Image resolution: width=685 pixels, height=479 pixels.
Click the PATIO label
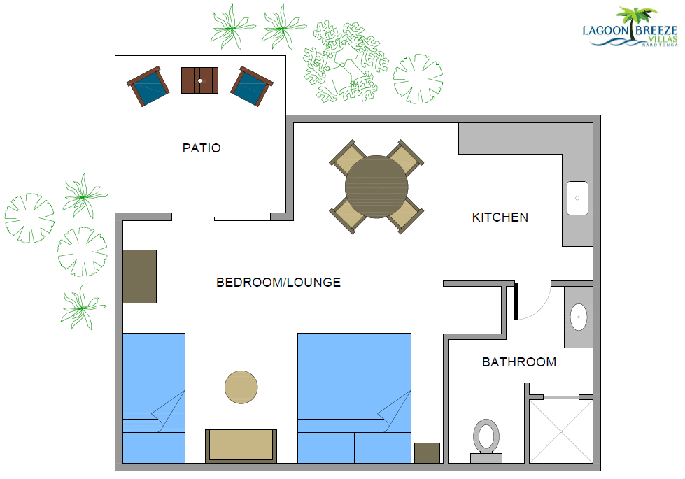click(x=202, y=148)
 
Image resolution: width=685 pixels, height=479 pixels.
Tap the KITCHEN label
click(x=500, y=217)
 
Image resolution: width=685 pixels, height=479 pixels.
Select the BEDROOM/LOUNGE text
click(x=278, y=283)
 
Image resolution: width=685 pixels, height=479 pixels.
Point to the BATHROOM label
click(x=519, y=362)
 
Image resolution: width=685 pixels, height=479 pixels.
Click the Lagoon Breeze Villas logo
click(x=630, y=28)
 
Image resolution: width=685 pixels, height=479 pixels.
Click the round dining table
click(x=376, y=187)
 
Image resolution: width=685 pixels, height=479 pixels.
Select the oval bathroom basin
click(x=579, y=317)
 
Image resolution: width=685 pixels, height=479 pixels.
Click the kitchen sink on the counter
click(x=577, y=198)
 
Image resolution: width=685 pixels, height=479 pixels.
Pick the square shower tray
click(x=561, y=431)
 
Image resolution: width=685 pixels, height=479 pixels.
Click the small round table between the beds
click(x=241, y=386)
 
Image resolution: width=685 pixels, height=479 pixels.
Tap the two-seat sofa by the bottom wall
click(x=241, y=445)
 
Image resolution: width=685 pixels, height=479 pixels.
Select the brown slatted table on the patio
click(x=199, y=80)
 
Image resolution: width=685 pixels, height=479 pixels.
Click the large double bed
click(x=354, y=396)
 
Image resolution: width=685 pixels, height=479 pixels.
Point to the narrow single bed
click(x=154, y=396)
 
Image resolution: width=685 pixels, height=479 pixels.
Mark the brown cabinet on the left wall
click(x=139, y=276)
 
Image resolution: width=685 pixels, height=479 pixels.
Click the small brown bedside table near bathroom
click(x=427, y=452)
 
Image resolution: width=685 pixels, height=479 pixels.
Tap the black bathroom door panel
click(x=516, y=301)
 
